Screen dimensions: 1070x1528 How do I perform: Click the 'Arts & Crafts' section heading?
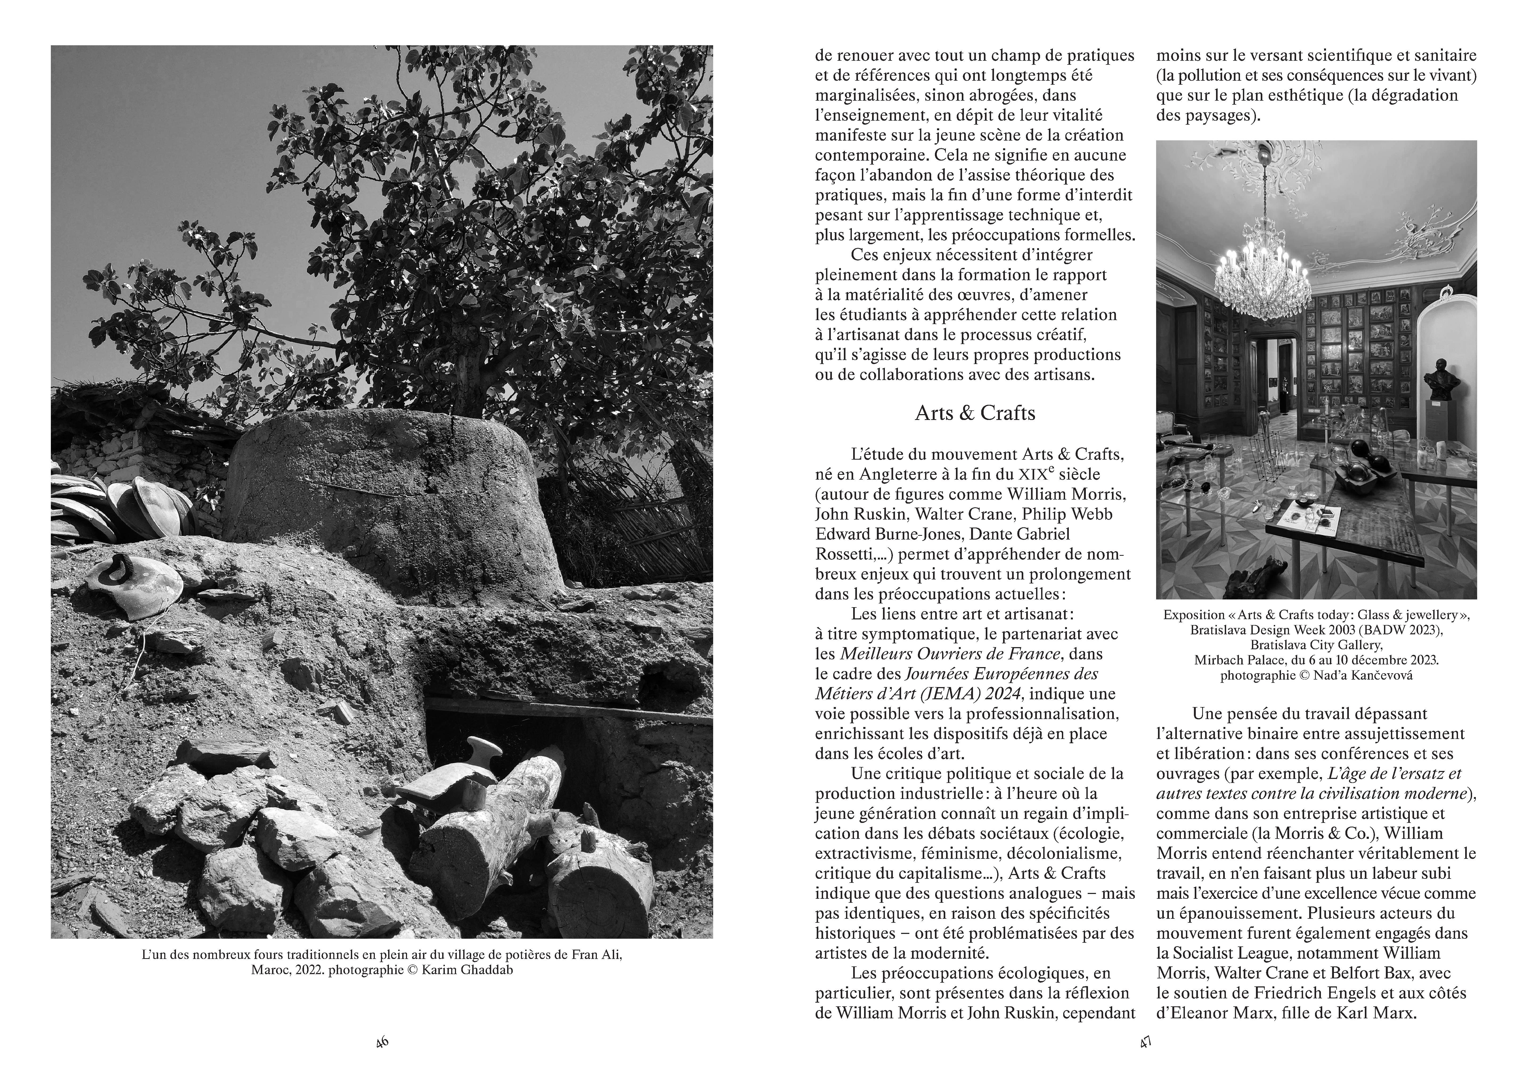point(975,414)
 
